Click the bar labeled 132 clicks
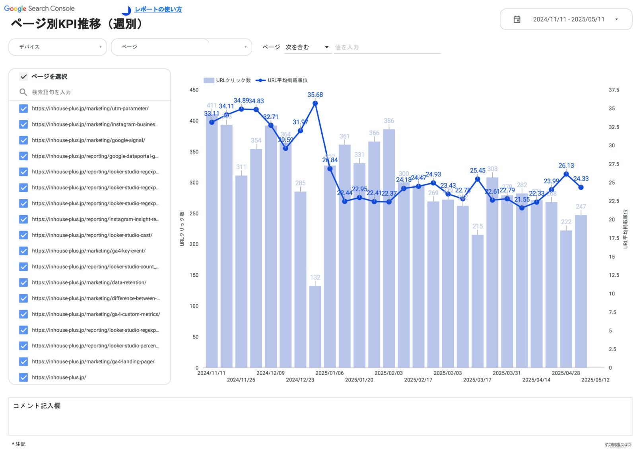pyautogui.click(x=315, y=326)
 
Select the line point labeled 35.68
pyautogui.click(x=315, y=103)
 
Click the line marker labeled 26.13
pyautogui.click(x=566, y=174)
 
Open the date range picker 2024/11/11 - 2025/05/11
pyautogui.click(x=566, y=19)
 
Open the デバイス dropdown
pyautogui.click(x=58, y=47)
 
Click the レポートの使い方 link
pyautogui.click(x=158, y=10)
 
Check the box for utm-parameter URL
pyautogui.click(x=23, y=109)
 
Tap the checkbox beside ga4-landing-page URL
pyautogui.click(x=23, y=362)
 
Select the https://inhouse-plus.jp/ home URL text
pyautogui.click(x=59, y=377)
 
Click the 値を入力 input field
pyautogui.click(x=387, y=47)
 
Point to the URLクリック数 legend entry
pyautogui.click(x=227, y=80)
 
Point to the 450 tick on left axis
pyautogui.click(x=194, y=90)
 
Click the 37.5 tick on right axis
pyautogui.click(x=614, y=90)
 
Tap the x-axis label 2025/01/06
pyautogui.click(x=329, y=373)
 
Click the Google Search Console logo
pyautogui.click(x=39, y=9)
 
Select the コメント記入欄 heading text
pyautogui.click(x=37, y=406)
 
